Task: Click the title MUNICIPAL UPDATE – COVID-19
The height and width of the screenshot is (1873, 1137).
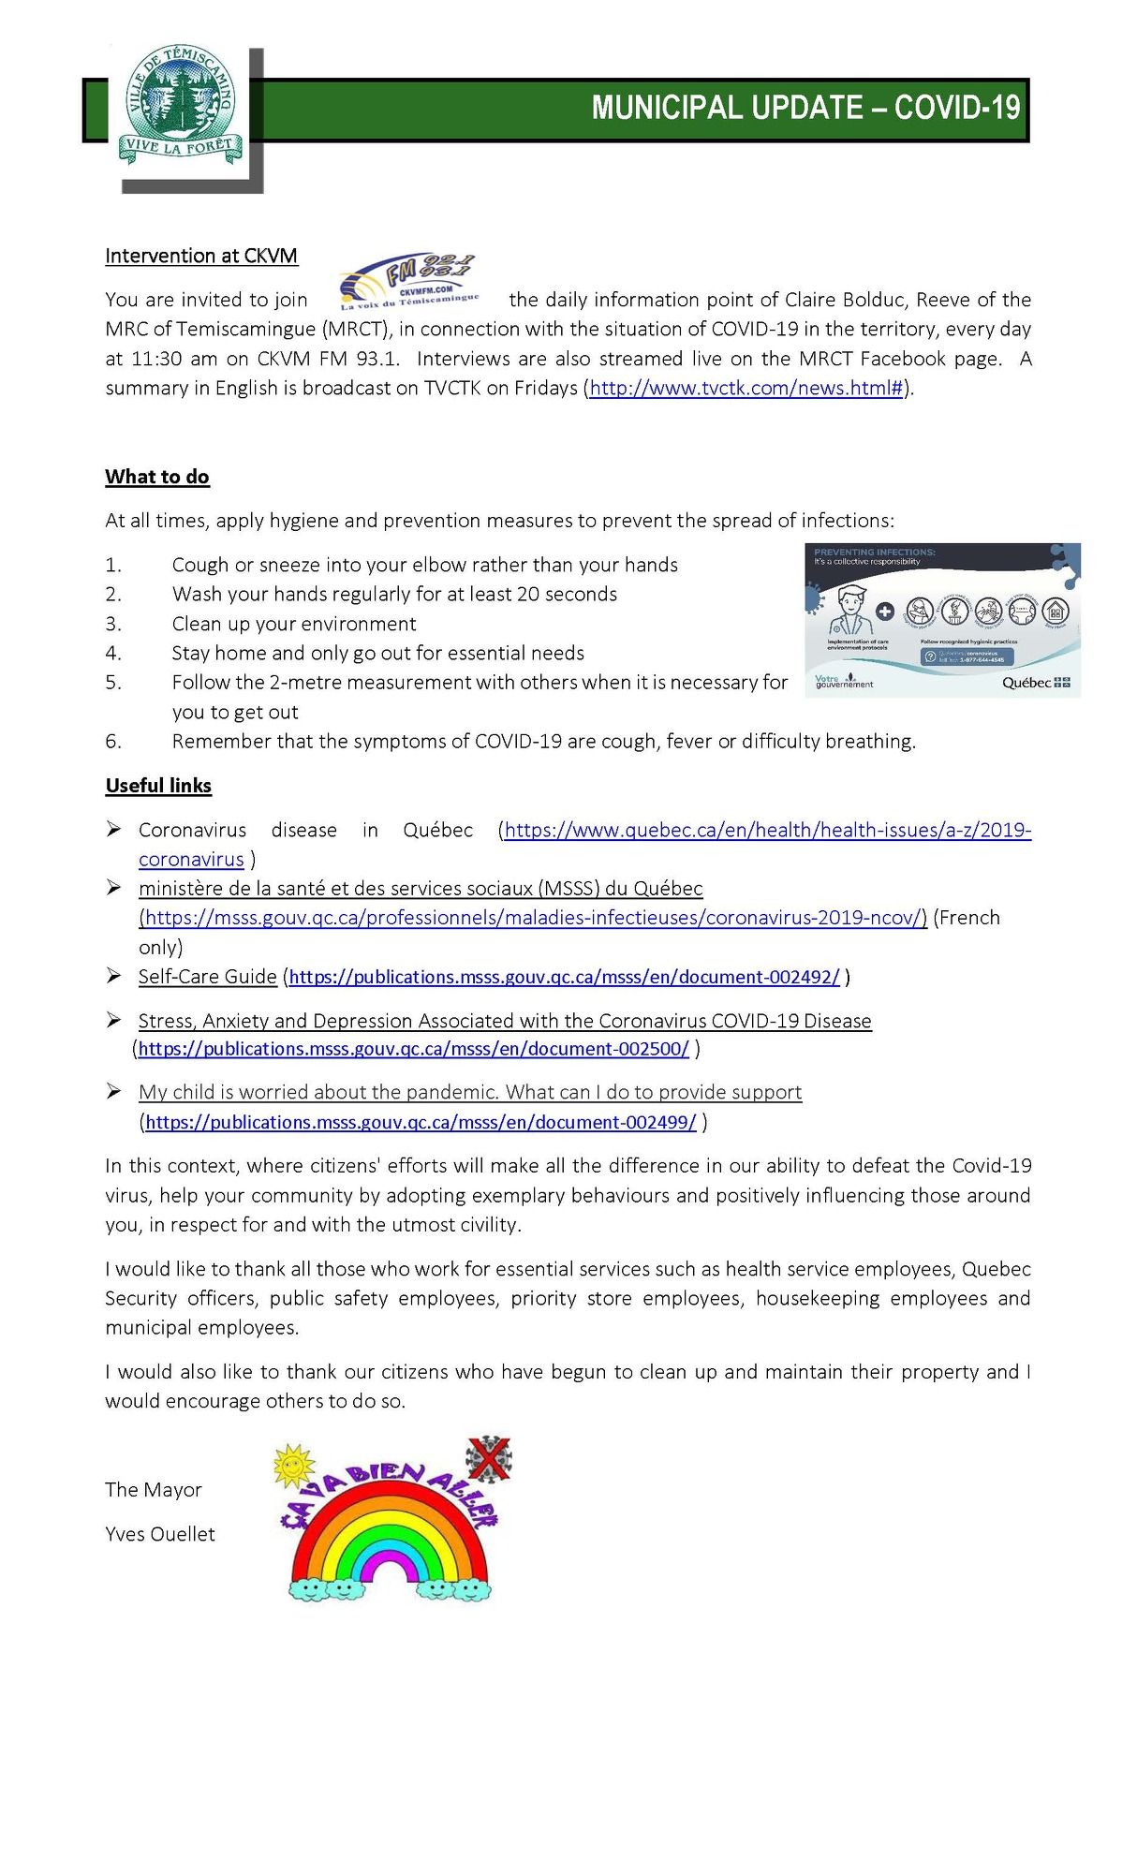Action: point(805,109)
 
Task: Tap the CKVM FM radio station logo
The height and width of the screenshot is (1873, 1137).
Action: point(408,282)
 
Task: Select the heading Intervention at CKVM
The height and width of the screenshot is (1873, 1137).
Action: point(201,256)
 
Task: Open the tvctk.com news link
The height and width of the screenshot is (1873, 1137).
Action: point(746,388)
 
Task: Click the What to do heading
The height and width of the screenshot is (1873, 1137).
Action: point(157,477)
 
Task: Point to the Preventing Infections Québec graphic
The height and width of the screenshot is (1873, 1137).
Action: point(942,620)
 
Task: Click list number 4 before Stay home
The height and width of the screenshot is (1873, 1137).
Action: point(113,653)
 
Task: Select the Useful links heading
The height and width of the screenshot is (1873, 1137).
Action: point(158,786)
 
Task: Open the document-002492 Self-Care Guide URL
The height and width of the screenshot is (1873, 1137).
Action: point(564,977)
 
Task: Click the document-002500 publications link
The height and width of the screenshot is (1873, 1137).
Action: point(413,1049)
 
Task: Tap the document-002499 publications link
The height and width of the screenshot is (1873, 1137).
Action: point(421,1122)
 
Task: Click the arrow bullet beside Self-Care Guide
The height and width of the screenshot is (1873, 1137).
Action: point(114,977)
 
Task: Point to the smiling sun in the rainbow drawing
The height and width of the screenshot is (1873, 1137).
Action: point(292,1466)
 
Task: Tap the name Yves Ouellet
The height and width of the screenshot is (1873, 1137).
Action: point(160,1534)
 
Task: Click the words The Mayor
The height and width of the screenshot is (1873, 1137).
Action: point(154,1490)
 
